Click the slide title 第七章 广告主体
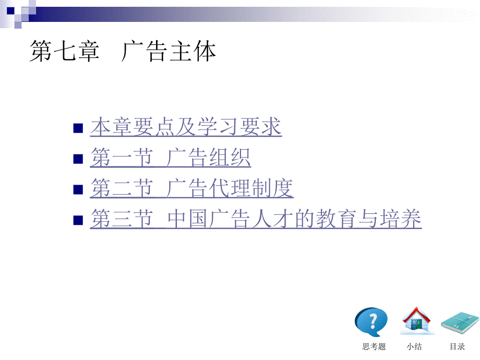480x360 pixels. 123,51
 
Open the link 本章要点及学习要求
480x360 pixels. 186,127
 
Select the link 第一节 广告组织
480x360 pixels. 171,158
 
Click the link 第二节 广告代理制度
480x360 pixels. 191,188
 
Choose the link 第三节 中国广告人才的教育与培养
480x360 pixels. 256,219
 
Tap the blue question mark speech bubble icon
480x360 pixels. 371,322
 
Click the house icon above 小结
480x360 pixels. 416,321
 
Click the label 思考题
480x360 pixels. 374,346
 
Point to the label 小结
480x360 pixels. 414,346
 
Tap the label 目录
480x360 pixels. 458,346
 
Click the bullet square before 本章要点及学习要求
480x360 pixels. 78,128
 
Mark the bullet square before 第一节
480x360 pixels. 78,159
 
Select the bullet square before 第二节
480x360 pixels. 78,189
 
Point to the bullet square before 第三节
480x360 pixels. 78,220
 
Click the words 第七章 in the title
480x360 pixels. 65,51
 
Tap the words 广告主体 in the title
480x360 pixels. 169,51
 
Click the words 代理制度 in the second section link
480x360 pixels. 251,188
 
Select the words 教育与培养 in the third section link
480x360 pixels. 368,219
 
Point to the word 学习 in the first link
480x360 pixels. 218,127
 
